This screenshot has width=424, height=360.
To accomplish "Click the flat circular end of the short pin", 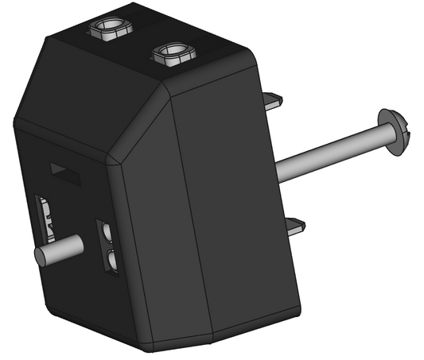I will click(x=41, y=256).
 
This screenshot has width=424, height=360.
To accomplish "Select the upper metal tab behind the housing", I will click(x=272, y=100).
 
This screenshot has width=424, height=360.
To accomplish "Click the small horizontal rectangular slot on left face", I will click(x=66, y=172).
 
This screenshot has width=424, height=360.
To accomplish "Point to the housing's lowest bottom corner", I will click(x=148, y=348).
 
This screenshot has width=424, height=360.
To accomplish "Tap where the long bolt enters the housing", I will click(x=278, y=168).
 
